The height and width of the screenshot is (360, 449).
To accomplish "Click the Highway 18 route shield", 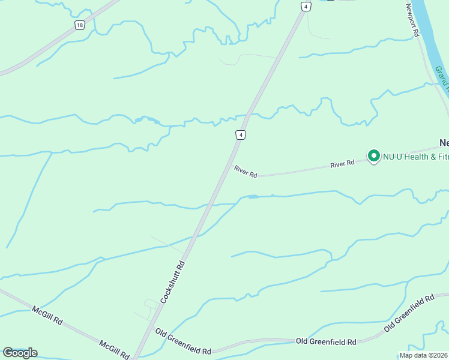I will tap(80, 25).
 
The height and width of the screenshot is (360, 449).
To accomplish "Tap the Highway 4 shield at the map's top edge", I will tap(306, 6).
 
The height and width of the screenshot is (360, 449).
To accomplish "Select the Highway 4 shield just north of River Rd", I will tap(240, 135).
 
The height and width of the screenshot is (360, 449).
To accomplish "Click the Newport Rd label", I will tap(412, 20).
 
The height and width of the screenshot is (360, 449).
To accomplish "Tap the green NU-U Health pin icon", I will tap(373, 156).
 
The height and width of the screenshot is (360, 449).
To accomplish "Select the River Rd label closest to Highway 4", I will tap(246, 172).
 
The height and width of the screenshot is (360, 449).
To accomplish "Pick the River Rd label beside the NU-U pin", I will tap(342, 163).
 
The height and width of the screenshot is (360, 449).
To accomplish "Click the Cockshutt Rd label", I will tap(172, 281).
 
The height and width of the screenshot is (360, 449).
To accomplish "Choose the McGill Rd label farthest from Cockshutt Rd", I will tap(47, 316).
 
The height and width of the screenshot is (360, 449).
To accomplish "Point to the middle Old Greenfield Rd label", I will tap(326, 341).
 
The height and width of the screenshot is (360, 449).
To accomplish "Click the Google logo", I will tap(20, 353).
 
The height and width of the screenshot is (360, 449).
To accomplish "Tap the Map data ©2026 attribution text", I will tap(424, 355).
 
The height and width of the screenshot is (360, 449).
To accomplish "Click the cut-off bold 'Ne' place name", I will tap(444, 143).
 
